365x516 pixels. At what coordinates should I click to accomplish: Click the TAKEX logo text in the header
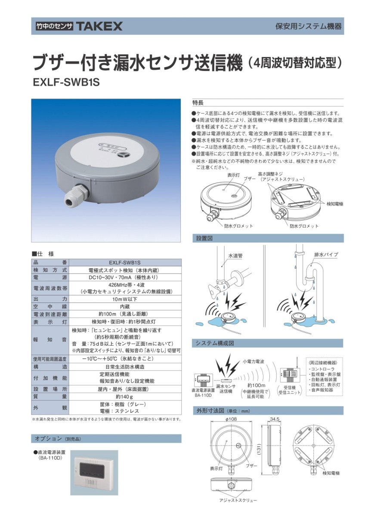(99, 26)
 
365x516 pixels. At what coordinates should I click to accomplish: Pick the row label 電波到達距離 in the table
(50, 314)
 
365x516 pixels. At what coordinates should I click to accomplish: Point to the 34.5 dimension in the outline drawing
(274, 418)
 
